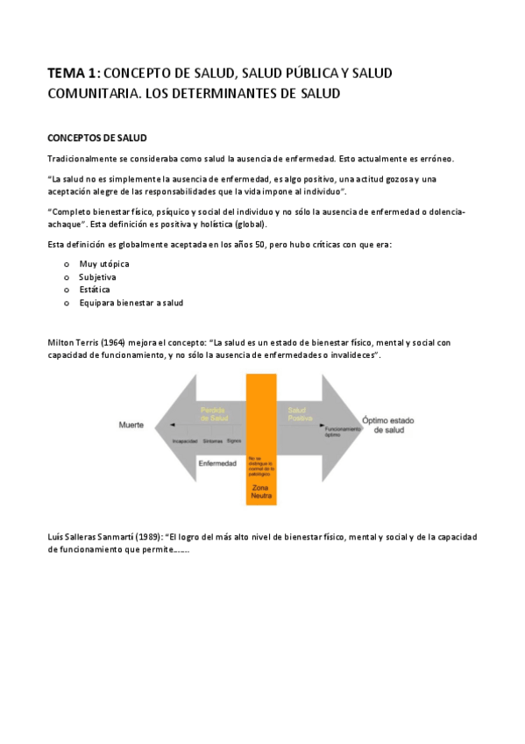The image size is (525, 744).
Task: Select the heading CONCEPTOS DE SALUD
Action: tap(96, 138)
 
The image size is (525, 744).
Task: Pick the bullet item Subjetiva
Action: tap(97, 276)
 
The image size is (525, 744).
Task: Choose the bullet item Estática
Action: tap(96, 290)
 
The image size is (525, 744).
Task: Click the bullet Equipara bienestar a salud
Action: tap(131, 303)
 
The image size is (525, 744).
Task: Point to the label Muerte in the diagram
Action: tap(132, 425)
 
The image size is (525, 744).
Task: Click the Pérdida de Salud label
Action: tap(214, 414)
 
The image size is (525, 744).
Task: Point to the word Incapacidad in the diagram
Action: tap(185, 440)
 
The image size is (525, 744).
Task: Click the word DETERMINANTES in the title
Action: tap(231, 92)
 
